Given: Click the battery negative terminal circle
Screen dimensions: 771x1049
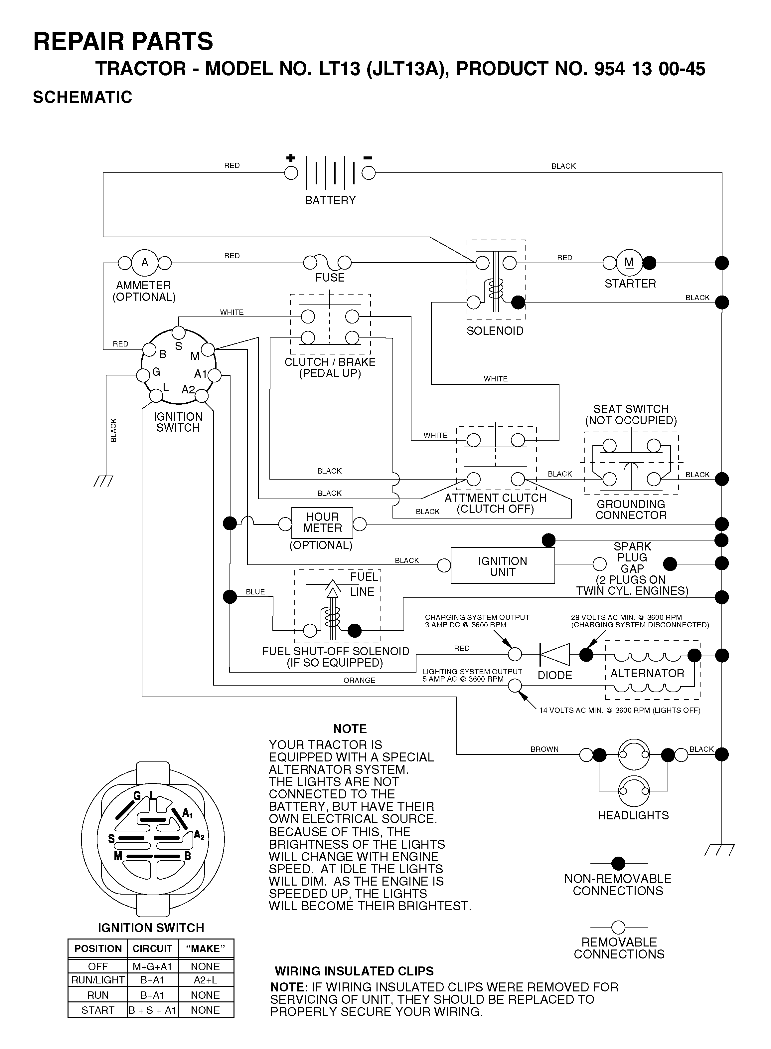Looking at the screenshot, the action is coord(369,173).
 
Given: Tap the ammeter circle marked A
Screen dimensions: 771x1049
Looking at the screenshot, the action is coord(145,263).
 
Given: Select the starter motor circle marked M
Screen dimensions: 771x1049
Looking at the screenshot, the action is coord(629,263).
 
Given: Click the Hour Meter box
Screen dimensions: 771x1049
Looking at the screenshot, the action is coord(322,523).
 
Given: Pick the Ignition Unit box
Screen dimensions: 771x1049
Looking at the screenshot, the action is coord(503,565).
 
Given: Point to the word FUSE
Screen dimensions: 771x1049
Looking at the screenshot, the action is coord(330,278).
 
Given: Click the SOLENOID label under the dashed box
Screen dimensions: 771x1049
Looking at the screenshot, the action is coord(495,331).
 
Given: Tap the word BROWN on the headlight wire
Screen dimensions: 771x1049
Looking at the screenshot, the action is coord(544,749).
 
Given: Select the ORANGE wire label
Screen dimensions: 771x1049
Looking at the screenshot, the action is coord(359,681).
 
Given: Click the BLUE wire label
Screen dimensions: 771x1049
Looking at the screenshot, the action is coord(255,592).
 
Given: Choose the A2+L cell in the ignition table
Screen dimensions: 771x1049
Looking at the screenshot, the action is coord(205,980).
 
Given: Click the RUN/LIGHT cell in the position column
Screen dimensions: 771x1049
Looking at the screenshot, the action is coord(98,980).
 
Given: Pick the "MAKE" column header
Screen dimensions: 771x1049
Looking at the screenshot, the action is coord(205,948).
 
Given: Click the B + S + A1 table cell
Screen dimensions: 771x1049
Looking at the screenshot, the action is coord(153,1010).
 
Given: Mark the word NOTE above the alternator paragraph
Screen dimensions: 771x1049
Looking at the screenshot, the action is coord(350,729).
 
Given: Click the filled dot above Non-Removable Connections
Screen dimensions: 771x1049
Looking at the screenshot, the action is coord(618,863).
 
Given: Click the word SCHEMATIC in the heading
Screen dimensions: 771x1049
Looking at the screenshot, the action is coord(82,97).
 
